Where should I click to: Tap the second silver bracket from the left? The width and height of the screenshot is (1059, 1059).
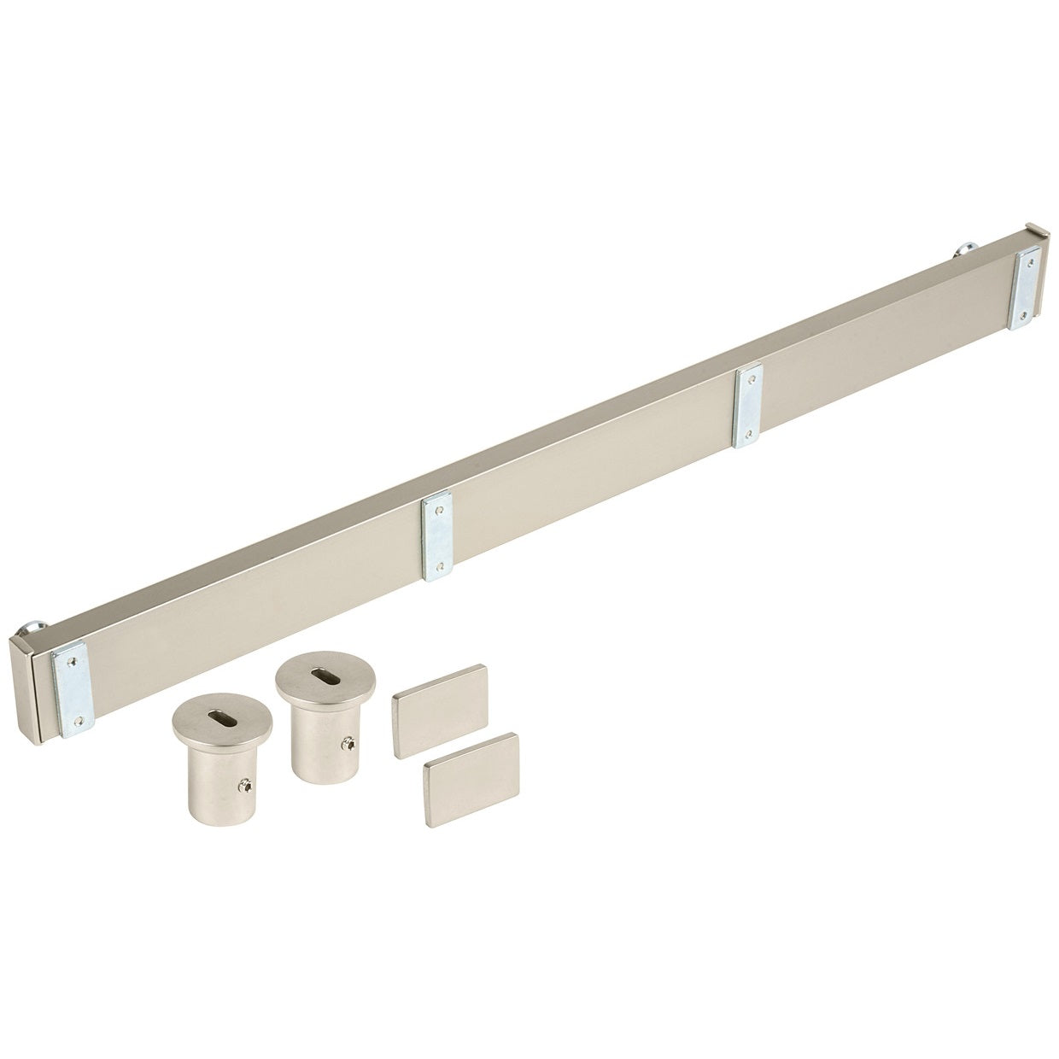[x=437, y=535]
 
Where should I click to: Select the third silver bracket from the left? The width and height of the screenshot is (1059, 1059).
[x=748, y=405]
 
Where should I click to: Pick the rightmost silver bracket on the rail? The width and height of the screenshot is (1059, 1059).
[x=1025, y=288]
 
